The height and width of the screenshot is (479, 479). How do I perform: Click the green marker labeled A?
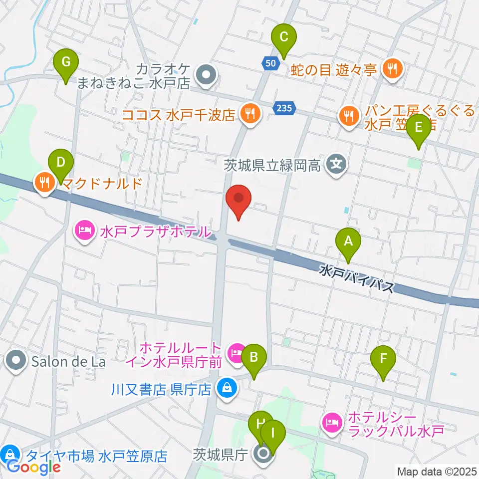tap(348, 242)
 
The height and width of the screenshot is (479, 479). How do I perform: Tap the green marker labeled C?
tap(283, 38)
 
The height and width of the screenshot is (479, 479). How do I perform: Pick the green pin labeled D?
tap(60, 163)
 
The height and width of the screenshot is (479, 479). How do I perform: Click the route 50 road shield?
tap(270, 63)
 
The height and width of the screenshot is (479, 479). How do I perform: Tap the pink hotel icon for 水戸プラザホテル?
tap(84, 231)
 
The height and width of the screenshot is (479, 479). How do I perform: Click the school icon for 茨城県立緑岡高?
tap(338, 163)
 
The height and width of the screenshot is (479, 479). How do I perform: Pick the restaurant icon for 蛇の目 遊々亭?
tap(392, 68)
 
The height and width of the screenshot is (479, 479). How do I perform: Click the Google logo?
tap(34, 467)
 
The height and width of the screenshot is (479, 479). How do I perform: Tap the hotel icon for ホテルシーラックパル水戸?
tap(332, 422)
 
